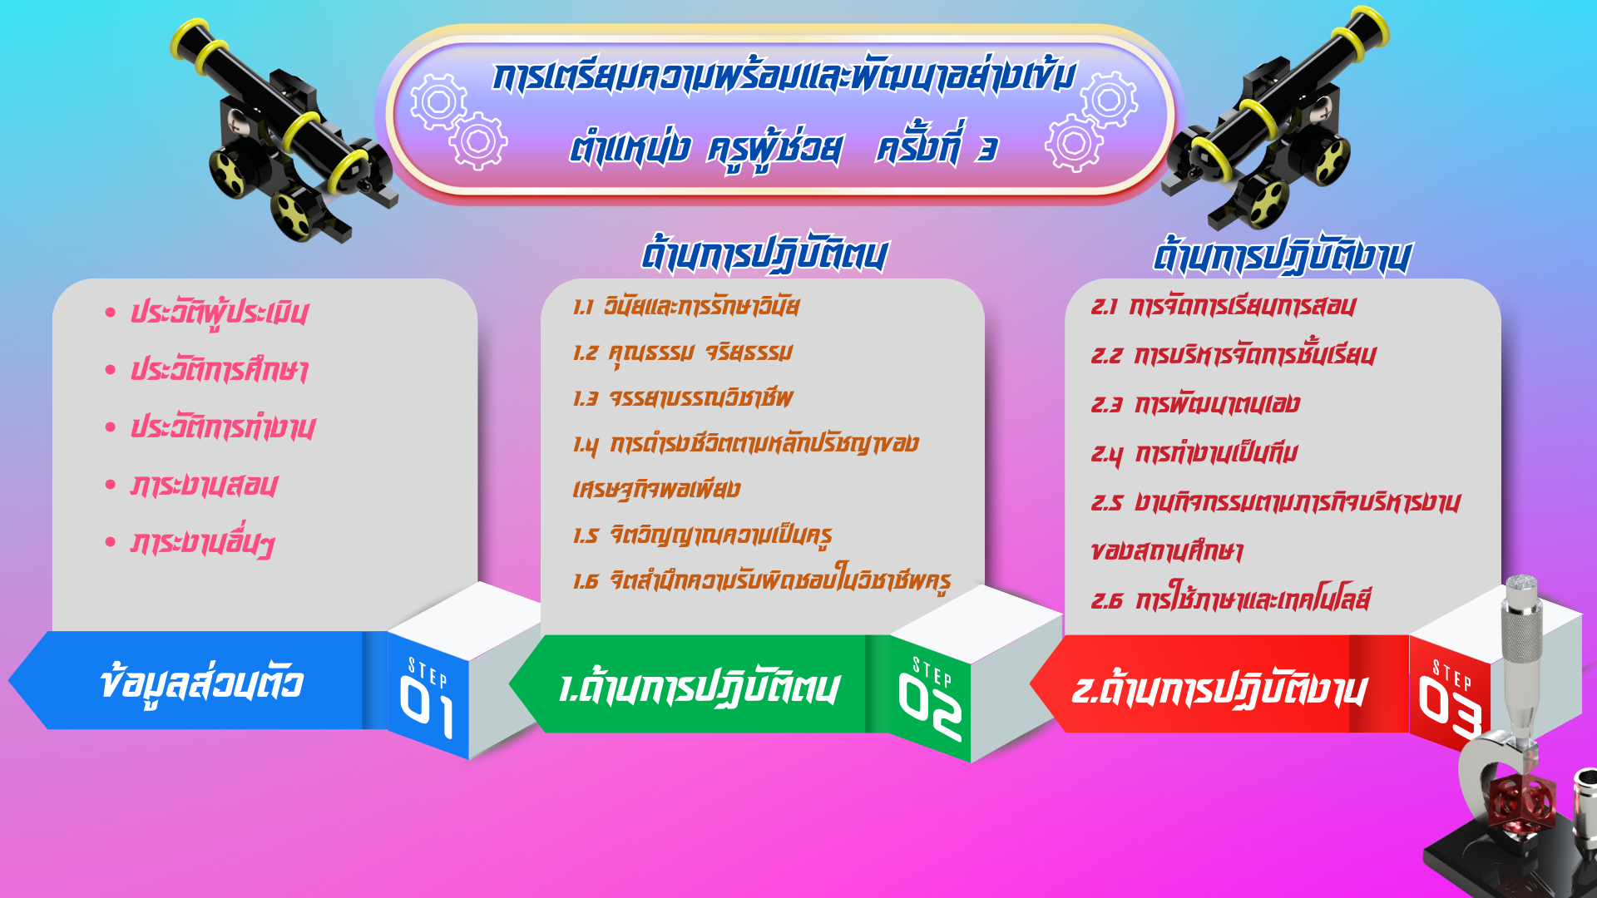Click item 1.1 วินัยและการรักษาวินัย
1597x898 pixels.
(x=686, y=306)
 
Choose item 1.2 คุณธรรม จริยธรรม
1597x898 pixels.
(x=683, y=353)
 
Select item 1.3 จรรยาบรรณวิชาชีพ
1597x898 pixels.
(x=683, y=397)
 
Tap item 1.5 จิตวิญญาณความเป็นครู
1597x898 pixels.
(x=703, y=535)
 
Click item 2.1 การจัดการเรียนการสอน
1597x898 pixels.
(x=1224, y=306)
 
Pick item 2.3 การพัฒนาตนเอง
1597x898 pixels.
(x=1195, y=404)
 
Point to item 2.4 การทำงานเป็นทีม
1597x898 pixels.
(x=1194, y=453)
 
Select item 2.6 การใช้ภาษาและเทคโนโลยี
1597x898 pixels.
(x=1231, y=598)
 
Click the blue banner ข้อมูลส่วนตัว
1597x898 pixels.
(x=200, y=682)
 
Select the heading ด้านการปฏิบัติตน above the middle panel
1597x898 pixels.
(x=764, y=255)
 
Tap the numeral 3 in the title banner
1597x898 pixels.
(x=987, y=150)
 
